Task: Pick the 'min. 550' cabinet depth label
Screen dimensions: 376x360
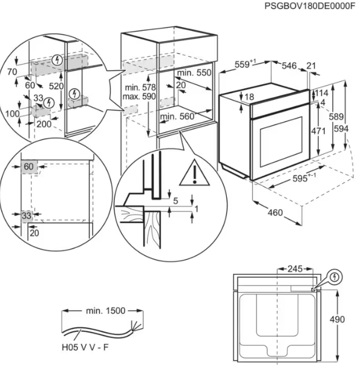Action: coord(195,73)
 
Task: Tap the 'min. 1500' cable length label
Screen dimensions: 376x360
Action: coord(105,311)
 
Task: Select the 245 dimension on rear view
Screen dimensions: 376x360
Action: coord(295,268)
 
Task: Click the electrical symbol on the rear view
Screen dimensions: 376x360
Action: coord(335,277)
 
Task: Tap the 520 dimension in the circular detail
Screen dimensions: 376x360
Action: coord(56,86)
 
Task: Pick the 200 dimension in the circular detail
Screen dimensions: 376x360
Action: coord(42,124)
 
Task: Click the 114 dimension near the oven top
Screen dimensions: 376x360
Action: coord(320,93)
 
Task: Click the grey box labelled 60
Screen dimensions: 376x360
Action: coord(29,166)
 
